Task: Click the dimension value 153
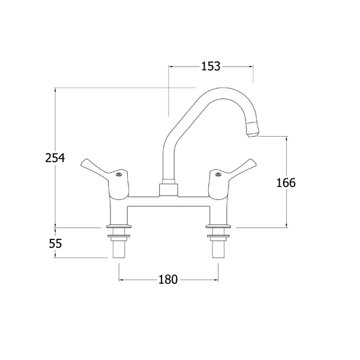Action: tap(211, 67)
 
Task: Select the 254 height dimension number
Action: tap(55, 158)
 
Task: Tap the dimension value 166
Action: tap(286, 183)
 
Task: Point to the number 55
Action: tap(55, 244)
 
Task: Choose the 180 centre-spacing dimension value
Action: tap(168, 280)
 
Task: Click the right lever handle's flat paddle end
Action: tap(250, 163)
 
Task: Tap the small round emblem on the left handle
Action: tap(119, 175)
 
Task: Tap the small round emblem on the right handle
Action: tap(218, 175)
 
